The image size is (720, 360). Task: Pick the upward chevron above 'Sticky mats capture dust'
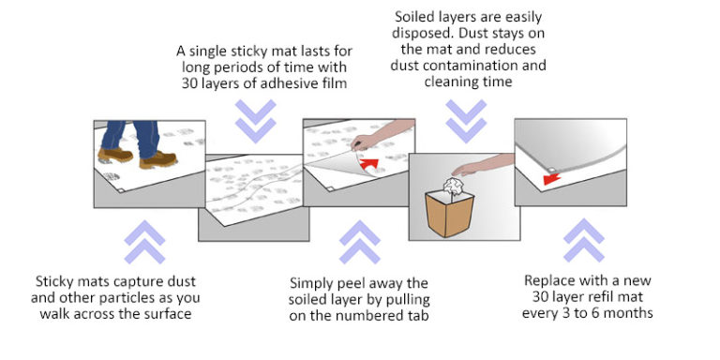tap(144, 241)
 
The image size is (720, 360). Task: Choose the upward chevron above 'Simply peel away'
tap(359, 241)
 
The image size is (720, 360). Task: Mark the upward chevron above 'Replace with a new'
tap(583, 241)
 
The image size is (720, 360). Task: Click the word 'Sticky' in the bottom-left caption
tap(57, 280)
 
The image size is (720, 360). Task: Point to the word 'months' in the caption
tap(629, 313)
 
